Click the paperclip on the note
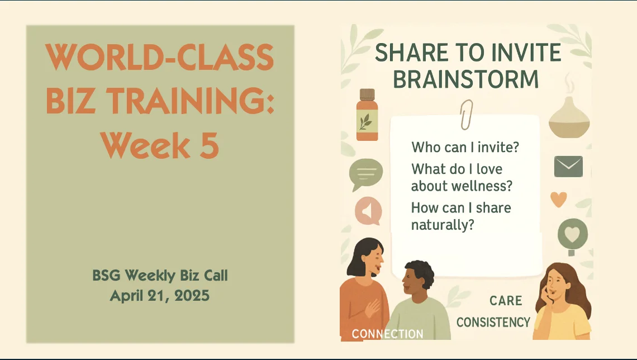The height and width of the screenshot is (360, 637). (x=466, y=114)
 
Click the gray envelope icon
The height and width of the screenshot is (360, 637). (x=568, y=166)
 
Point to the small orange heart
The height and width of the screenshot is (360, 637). (x=558, y=199)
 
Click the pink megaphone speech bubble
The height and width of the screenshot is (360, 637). (x=368, y=212)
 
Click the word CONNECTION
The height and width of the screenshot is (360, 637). (x=387, y=334)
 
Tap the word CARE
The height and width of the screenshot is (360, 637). (x=506, y=301)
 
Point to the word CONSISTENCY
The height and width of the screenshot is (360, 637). (x=493, y=322)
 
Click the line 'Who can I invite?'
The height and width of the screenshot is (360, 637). (x=465, y=148)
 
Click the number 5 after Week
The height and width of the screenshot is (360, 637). (x=208, y=144)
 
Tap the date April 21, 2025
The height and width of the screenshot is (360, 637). (x=160, y=296)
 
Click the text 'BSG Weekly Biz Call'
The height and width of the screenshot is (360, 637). (x=160, y=276)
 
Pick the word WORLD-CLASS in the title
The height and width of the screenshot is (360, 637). (x=160, y=57)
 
